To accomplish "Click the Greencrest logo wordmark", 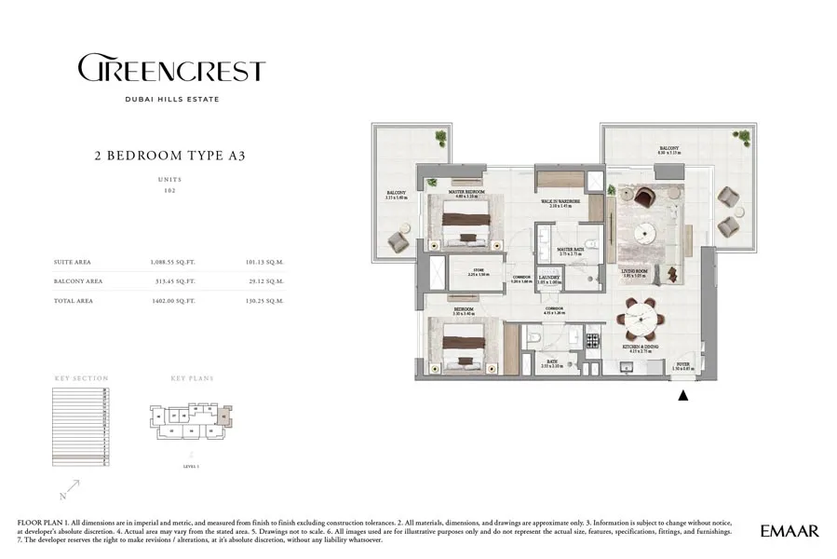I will pos(171,70).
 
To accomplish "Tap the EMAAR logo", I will pos(790,531).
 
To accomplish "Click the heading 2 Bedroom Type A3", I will pos(170,156).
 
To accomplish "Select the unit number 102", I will pos(170,190).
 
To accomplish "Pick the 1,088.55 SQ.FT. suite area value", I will pos(176,263).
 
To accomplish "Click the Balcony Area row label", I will pos(78,280).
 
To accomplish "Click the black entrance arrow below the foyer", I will pos(683,395).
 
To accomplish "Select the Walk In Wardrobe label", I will pos(561,201).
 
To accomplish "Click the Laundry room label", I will pos(551,277).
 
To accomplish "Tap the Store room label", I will pos(465,272).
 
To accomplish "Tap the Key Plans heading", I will pos(192,379).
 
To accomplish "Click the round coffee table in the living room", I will pos(644,232).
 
